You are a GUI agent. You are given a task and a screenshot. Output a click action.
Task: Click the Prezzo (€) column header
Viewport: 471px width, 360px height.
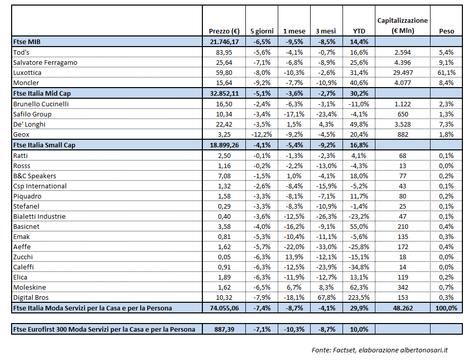click(x=224, y=31)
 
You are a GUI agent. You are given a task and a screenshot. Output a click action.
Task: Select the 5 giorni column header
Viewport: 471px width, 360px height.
click(x=261, y=31)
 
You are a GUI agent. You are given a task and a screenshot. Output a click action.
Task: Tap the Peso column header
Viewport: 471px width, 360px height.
click(x=446, y=31)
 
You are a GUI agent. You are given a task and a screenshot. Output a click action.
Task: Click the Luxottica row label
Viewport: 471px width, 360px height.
click(x=27, y=72)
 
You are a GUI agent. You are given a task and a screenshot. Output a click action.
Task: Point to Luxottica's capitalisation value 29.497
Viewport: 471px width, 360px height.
click(x=402, y=72)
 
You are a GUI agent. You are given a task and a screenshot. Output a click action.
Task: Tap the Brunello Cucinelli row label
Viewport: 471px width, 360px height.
click(x=41, y=104)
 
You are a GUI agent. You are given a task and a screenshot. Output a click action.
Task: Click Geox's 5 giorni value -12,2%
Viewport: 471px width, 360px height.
click(x=261, y=134)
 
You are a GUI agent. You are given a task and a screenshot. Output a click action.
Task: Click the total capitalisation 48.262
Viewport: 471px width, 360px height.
click(x=402, y=308)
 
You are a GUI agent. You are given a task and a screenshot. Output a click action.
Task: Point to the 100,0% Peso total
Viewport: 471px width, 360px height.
click(x=446, y=308)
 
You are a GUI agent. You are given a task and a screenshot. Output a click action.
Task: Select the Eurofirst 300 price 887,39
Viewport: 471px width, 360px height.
click(x=224, y=329)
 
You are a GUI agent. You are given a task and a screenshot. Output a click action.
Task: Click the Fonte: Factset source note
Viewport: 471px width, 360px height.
click(x=379, y=349)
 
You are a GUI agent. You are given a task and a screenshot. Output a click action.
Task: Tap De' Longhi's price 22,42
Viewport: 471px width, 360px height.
click(x=224, y=124)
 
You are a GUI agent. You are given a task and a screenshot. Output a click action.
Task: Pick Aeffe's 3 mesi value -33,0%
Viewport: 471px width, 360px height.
click(x=325, y=247)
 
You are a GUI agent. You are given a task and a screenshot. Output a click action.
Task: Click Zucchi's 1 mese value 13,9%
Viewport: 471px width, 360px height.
click(x=294, y=257)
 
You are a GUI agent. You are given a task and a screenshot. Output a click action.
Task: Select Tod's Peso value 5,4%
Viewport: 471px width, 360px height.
click(x=446, y=52)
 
